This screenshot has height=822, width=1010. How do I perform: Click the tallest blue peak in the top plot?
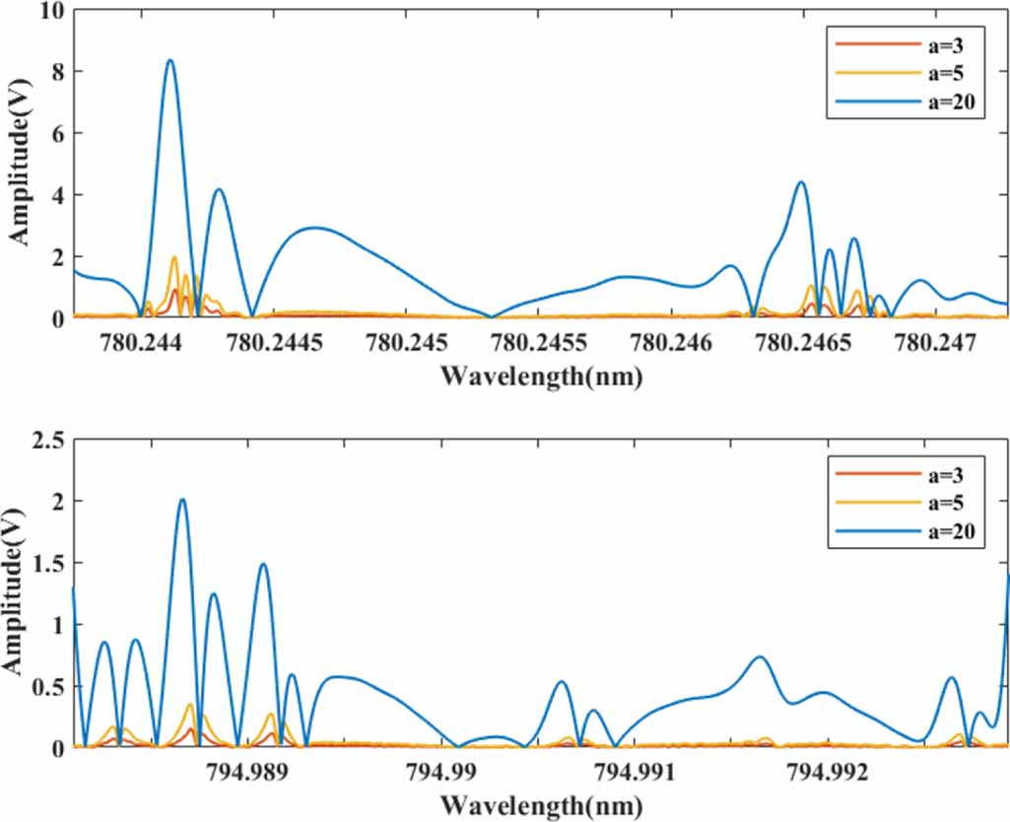pyautogui.click(x=169, y=61)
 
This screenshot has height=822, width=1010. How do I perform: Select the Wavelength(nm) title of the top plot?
pyautogui.click(x=541, y=376)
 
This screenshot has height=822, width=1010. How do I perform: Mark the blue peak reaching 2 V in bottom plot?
pyautogui.click(x=182, y=500)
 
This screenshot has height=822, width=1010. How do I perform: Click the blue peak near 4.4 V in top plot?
pyautogui.click(x=801, y=182)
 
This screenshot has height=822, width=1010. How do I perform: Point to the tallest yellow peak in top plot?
pyautogui.click(x=174, y=257)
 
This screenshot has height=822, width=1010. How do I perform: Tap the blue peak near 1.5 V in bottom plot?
pyautogui.click(x=263, y=565)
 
